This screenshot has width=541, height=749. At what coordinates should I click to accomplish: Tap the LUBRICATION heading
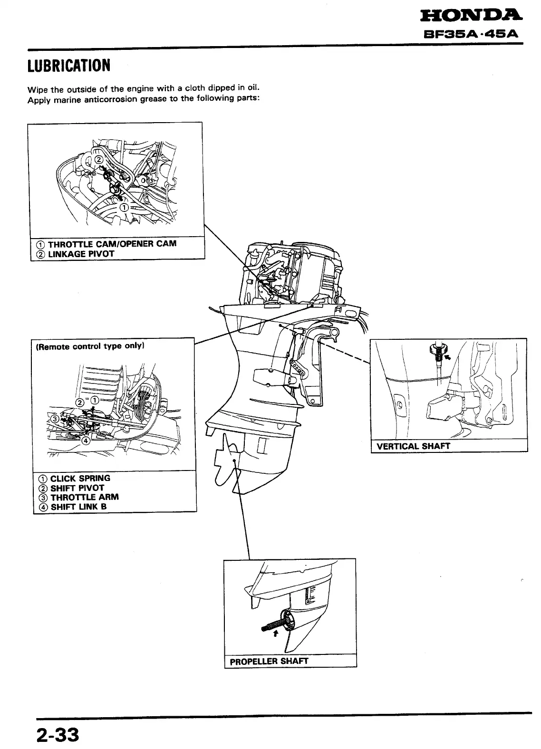(x=69, y=66)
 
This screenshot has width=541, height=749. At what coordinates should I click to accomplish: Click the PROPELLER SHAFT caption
(x=269, y=661)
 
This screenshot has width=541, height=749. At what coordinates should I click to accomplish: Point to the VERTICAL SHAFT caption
(x=413, y=446)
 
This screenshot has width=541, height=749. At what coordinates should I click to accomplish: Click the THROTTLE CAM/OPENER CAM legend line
(x=106, y=244)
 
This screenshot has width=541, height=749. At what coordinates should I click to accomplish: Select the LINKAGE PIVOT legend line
(x=76, y=254)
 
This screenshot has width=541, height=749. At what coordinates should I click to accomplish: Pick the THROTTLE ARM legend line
(x=79, y=497)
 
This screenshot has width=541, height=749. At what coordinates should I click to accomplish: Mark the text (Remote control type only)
(x=90, y=346)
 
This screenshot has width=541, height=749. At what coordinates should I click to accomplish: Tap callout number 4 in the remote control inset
(x=87, y=440)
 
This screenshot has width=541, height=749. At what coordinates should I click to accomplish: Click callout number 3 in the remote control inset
(x=55, y=419)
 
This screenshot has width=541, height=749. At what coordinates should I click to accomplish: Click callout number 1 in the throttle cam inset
(x=124, y=208)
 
